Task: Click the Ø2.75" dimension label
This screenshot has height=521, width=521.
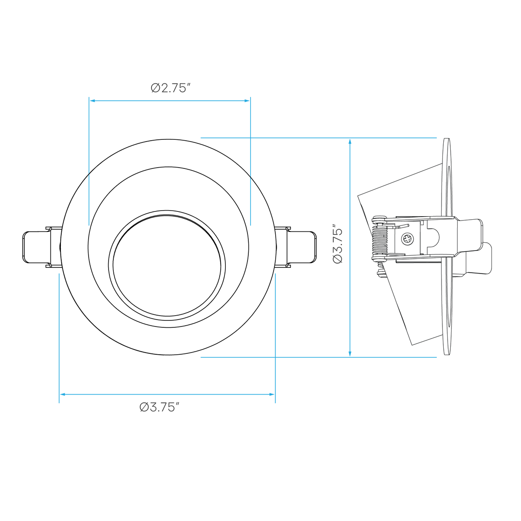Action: coord(171,88)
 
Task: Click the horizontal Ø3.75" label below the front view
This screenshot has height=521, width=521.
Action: coord(159,407)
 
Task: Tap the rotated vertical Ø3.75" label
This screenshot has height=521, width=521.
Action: coord(338,243)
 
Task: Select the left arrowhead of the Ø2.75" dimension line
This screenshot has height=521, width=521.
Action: coord(92,101)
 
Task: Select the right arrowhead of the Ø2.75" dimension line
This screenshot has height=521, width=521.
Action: coord(247,101)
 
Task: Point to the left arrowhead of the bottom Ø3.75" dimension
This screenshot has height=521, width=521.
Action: coord(63,395)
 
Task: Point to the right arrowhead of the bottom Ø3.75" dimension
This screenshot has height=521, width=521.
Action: coord(272,395)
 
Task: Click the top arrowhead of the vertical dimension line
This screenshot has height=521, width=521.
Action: coord(350,142)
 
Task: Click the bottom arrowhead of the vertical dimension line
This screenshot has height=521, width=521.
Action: coord(350,353)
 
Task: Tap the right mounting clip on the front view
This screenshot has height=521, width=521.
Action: coord(296,247)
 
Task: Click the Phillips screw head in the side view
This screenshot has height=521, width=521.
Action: coord(407,239)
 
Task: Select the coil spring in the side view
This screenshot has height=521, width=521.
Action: coord(379,241)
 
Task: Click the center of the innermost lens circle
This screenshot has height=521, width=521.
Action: coord(167,266)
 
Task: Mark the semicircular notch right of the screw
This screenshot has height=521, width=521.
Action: coord(434,237)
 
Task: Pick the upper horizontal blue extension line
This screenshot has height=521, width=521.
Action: coord(319,138)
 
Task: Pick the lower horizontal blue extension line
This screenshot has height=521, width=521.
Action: coord(319,357)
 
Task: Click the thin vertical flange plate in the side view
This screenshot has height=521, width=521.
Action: coord(447,247)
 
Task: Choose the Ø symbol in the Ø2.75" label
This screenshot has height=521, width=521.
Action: coord(155,88)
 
